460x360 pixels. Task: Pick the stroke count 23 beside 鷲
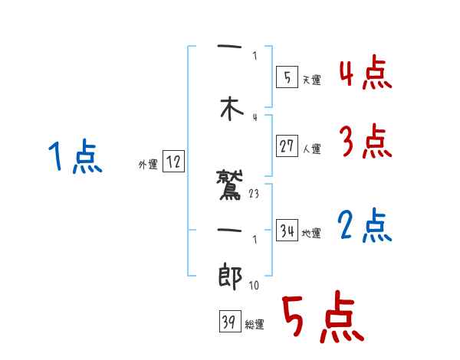pos(255,195)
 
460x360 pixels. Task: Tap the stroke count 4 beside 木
pos(255,117)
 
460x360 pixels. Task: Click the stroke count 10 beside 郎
pos(255,286)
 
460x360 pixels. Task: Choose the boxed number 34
pos(287,231)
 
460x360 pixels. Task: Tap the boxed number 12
pos(172,162)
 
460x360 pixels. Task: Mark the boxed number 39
pos(228,322)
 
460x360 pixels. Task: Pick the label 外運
pos(147,164)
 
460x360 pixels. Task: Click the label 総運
pos(254,325)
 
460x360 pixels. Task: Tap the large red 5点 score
pos(322,319)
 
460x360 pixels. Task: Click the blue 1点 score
pos(74,158)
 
